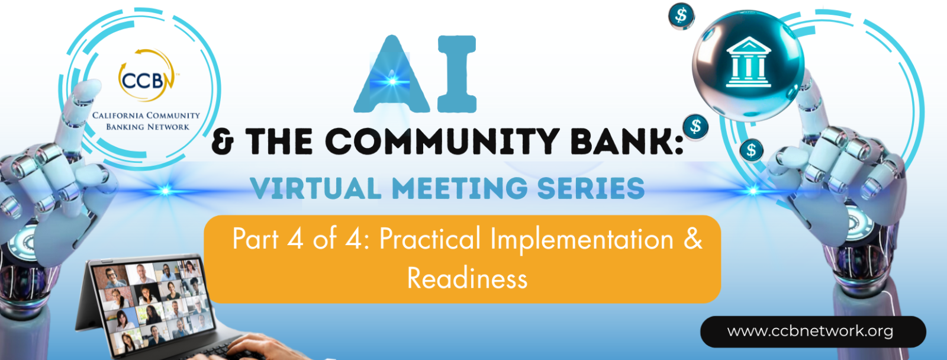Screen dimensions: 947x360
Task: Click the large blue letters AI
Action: coord(415,75)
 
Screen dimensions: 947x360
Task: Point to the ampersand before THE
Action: coord(223,142)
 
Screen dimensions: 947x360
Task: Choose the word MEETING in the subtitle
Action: coord(459,189)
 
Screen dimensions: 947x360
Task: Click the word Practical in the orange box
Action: coord(430,239)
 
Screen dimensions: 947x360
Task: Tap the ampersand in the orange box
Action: coord(693,239)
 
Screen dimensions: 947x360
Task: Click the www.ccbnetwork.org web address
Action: coord(810,331)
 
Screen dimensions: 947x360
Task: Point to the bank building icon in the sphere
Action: coord(748,62)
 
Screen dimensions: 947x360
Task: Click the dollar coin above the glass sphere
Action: coord(681,16)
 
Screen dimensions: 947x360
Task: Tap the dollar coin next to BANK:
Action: coord(695,127)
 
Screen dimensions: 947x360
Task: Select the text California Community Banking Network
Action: coord(146,121)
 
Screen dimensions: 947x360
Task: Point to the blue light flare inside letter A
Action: coord(392,81)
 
